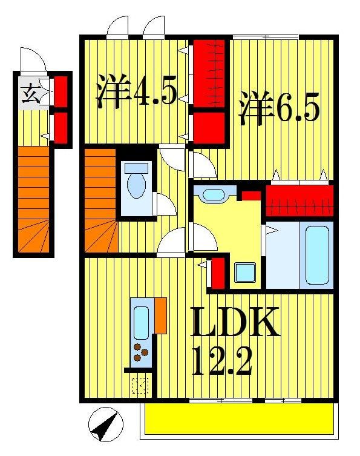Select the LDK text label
click(235, 324)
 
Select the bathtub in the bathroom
click(318, 254)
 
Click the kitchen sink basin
click(142, 322)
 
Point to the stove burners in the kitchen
click(142, 354)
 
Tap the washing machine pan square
click(245, 272)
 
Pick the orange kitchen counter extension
click(160, 315)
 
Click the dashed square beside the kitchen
click(141, 385)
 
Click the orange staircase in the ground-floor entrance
click(33, 200)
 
